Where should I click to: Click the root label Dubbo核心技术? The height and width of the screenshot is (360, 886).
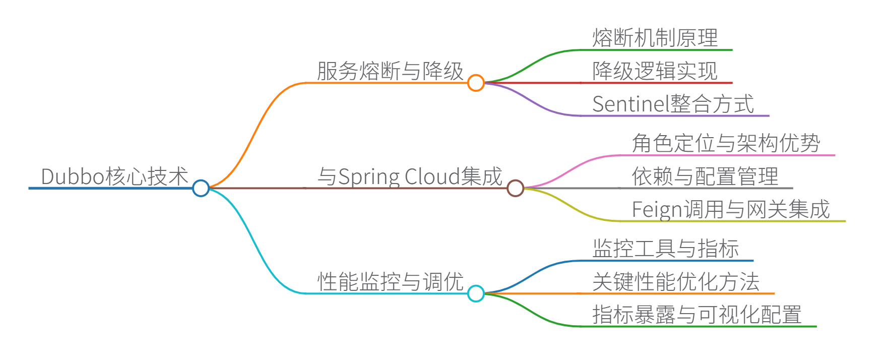[x=114, y=176]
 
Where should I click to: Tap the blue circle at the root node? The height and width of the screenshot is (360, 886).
[x=201, y=188]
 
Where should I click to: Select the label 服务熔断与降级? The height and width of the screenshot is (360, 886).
[x=390, y=71]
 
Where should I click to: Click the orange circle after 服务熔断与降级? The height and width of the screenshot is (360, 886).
[x=476, y=83]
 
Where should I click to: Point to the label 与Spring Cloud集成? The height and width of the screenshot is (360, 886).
[x=410, y=176]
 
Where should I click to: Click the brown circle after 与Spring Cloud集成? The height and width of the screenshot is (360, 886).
[x=515, y=188]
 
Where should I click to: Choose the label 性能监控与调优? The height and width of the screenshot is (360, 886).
[x=390, y=282]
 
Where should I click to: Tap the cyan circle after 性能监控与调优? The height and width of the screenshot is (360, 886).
[x=476, y=293]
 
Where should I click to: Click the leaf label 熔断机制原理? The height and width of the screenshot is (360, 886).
[x=655, y=38]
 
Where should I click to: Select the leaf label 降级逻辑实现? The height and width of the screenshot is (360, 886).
[x=655, y=71]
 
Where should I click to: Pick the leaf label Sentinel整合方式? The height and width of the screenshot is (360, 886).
[x=673, y=104]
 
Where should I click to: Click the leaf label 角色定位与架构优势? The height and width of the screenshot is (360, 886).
[x=726, y=144]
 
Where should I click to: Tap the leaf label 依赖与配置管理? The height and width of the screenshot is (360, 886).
[x=705, y=176]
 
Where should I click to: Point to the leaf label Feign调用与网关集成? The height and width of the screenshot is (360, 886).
[x=731, y=209]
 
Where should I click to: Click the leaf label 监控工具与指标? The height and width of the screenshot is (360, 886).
[x=666, y=249]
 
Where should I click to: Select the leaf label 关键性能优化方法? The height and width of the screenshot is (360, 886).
[x=676, y=282]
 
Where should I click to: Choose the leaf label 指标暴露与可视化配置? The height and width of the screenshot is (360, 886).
[x=697, y=315]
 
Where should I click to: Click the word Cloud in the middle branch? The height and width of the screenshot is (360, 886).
[x=432, y=176]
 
